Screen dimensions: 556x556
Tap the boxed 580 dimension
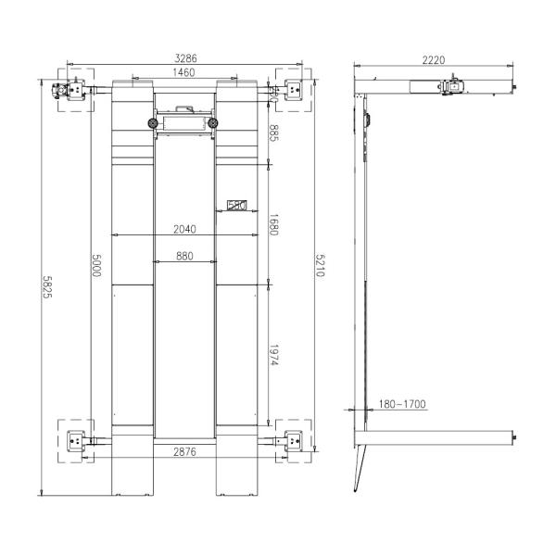tap(235, 207)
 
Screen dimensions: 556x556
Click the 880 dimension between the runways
tap(183, 258)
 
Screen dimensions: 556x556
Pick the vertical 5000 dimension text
tap(95, 265)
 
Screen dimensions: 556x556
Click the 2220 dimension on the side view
tap(434, 60)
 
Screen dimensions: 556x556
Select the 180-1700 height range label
tap(402, 403)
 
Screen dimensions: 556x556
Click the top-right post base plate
tap(295, 90)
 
